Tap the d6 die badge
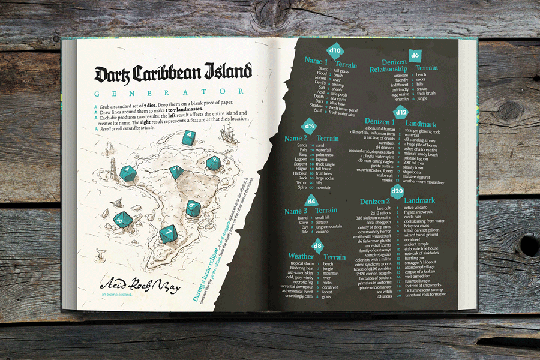(414, 55)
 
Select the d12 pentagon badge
(401, 111)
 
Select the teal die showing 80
(121, 220)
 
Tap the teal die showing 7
(168, 230)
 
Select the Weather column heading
(301, 256)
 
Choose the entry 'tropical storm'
(302, 263)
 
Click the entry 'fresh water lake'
(343, 113)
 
